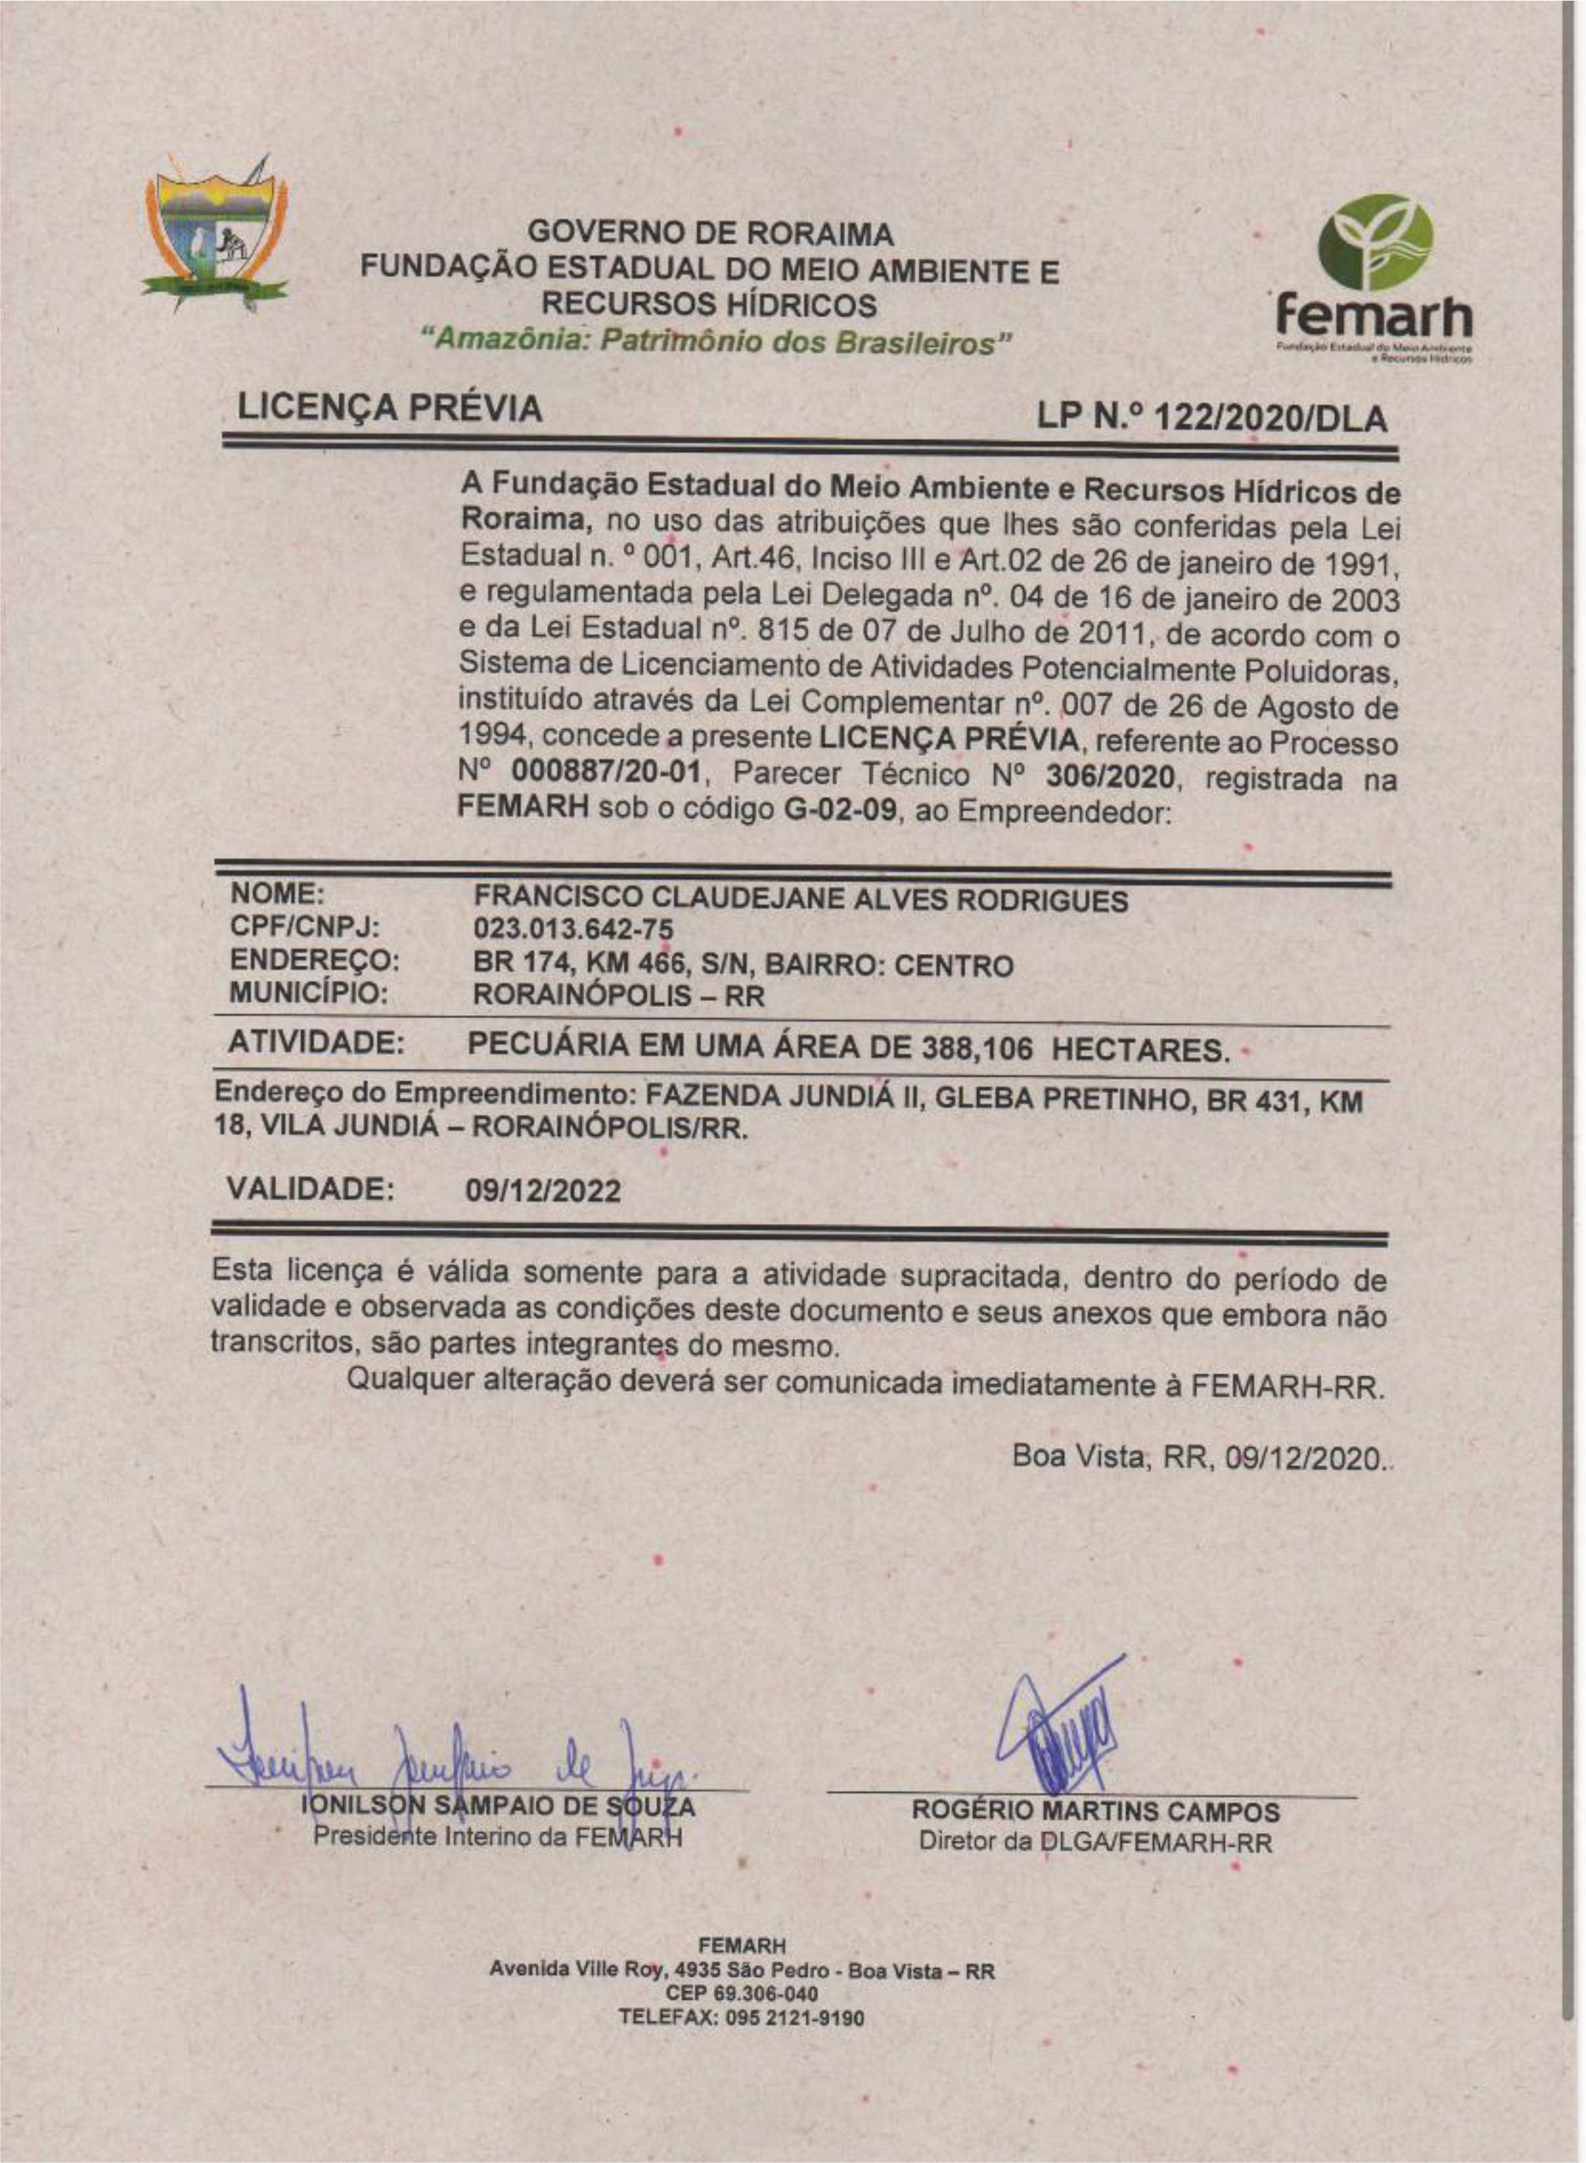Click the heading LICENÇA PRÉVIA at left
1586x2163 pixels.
(389, 408)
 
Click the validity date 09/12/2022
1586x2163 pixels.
(543, 1191)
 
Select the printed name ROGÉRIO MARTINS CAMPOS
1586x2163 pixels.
(1095, 1812)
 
